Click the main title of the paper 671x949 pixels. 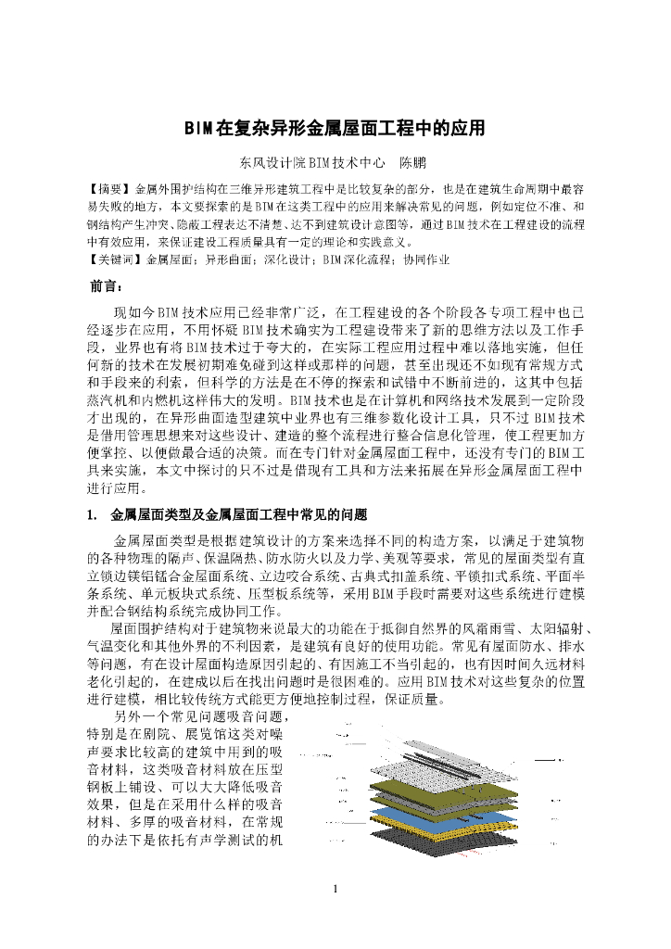click(335, 127)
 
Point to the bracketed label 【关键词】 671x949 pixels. click(115, 260)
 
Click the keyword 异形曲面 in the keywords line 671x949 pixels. click(227, 260)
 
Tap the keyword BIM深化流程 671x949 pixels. click(353, 260)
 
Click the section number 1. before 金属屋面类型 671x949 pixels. click(92, 513)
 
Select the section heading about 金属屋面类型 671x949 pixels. click(239, 513)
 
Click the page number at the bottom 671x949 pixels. click(335, 891)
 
